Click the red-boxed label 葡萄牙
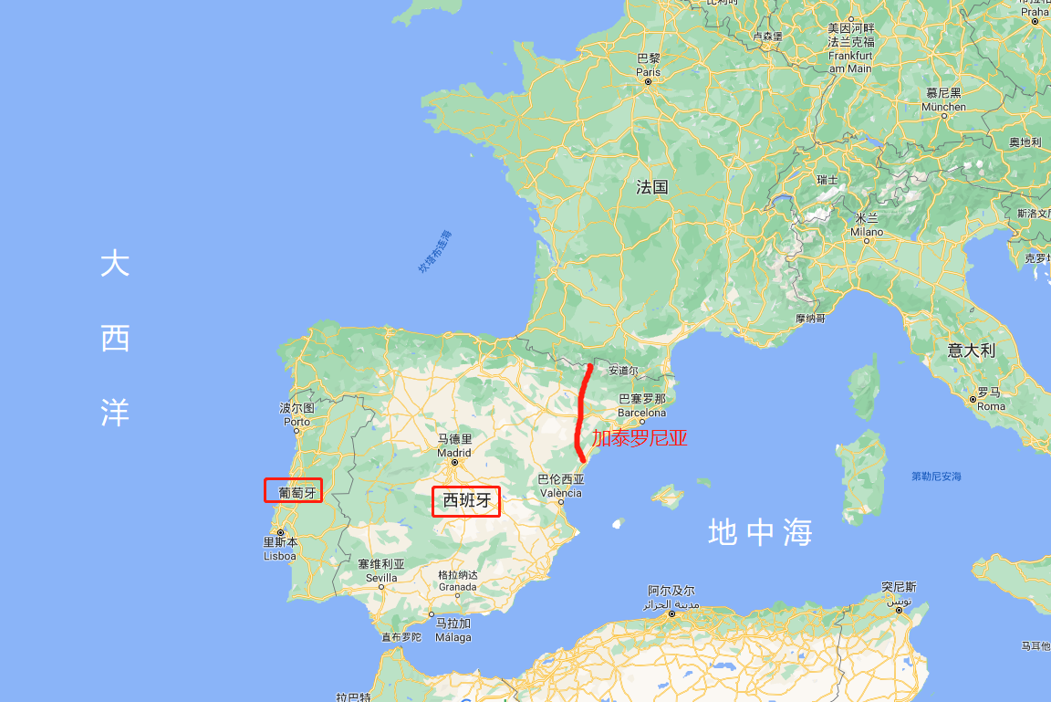[x=293, y=490]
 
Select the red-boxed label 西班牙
[x=466, y=500]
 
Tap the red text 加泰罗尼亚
[x=640, y=438]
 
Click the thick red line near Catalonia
[x=582, y=411]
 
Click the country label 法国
[x=652, y=187]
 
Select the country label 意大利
[x=971, y=350]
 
